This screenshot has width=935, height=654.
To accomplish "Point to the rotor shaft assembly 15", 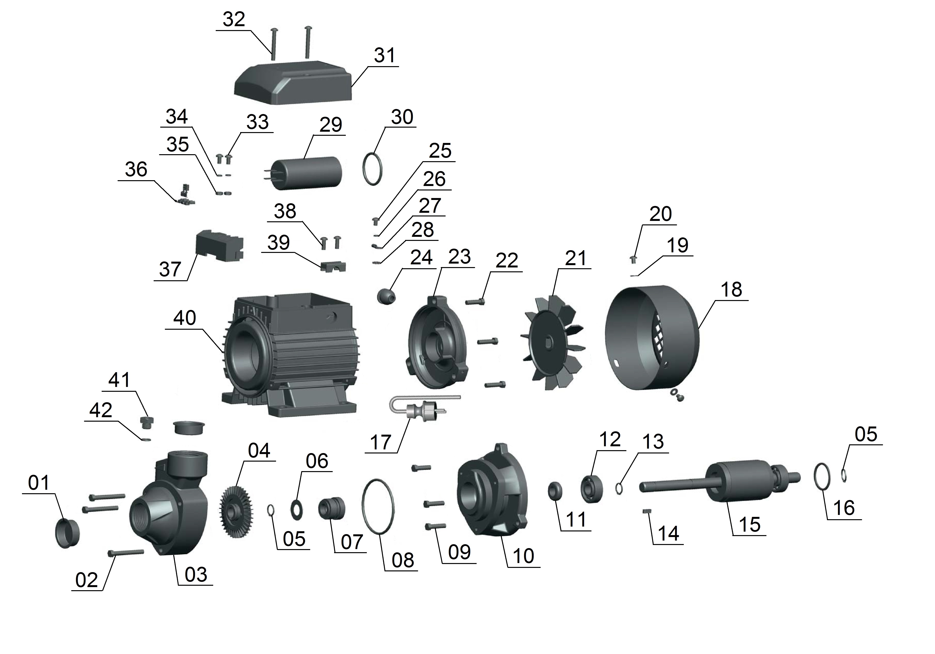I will tap(729, 483).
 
